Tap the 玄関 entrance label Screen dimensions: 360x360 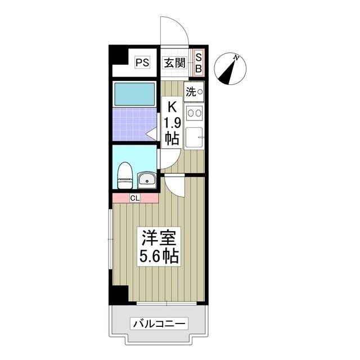point(174,62)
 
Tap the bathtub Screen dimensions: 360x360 point(134,94)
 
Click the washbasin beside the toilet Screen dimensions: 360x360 point(145,180)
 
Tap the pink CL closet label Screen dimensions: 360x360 point(135,197)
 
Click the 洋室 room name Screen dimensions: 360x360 point(159,238)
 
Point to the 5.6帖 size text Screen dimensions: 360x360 point(159,256)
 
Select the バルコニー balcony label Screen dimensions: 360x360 point(159,325)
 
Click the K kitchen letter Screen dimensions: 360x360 point(172,106)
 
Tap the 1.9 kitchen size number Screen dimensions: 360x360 point(172,121)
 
